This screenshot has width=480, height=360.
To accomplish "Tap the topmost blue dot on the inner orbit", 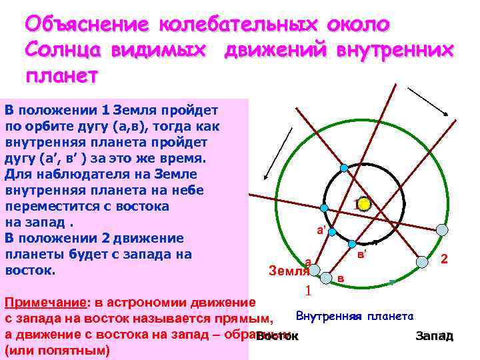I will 344,168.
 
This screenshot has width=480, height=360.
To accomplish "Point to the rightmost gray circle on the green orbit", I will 442,230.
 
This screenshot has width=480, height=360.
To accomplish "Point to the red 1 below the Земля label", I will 308,291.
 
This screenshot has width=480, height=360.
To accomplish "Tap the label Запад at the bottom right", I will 435,336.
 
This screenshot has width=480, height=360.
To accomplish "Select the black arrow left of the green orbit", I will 279,153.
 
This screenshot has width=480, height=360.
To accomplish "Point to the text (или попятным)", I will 57,350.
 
